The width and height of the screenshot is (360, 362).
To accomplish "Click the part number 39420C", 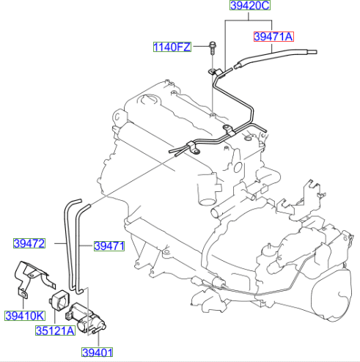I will click(251, 7).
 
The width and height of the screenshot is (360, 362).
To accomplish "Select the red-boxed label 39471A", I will click(273, 35).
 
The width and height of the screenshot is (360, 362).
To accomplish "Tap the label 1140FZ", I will click(172, 48).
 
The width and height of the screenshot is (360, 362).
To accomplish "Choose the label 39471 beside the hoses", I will click(109, 246).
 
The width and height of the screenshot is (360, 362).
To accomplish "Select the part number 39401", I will click(98, 352).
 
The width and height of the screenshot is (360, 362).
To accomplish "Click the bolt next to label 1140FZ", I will click(210, 49).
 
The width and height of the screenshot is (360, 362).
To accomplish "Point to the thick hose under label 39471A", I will click(279, 53).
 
